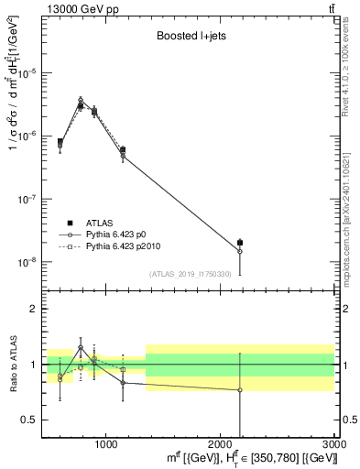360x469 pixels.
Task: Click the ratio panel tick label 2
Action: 34,309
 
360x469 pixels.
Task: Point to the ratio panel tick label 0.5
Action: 30,420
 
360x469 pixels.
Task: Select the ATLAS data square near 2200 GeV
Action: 240,243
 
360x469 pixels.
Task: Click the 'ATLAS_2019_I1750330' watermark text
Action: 189,274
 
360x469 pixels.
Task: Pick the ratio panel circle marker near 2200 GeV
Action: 240,390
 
